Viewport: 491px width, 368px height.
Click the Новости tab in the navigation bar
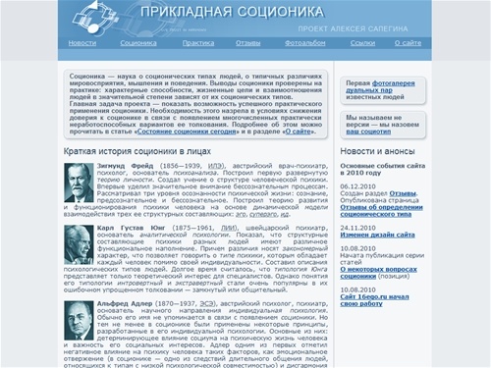tap(82, 43)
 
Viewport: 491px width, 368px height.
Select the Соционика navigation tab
tap(139, 43)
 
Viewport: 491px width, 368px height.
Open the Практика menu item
tap(197, 43)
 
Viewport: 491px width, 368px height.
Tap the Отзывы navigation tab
tap(247, 43)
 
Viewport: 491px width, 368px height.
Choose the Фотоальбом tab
tap(304, 43)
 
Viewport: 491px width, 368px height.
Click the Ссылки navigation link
tap(361, 43)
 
